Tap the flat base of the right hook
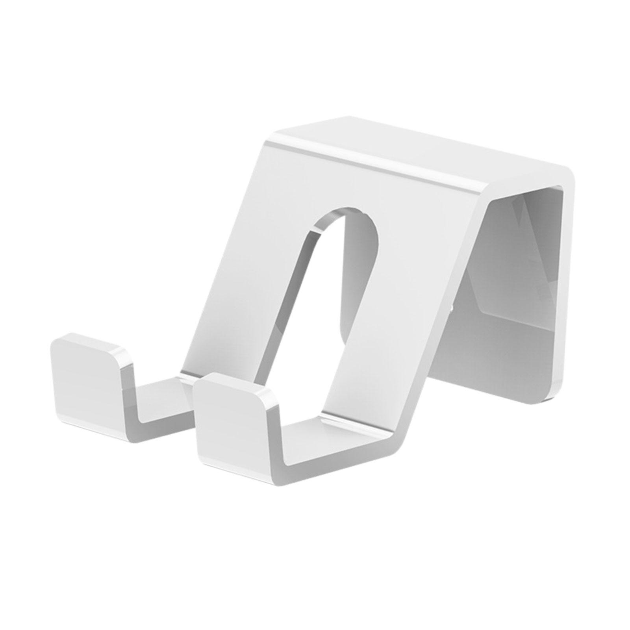click(x=335, y=453)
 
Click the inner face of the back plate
click(x=520, y=276)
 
